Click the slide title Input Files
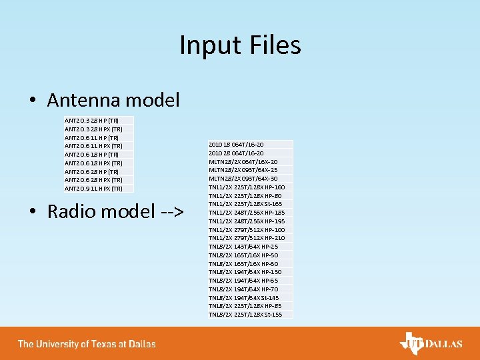(240, 45)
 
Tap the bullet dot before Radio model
(32, 212)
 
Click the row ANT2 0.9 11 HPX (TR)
(93, 189)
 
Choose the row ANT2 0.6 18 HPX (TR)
(93, 163)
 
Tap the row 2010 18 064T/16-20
(236, 144)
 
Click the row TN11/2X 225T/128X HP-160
(247, 187)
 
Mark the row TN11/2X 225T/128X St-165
(245, 204)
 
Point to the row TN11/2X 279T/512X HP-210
(247, 238)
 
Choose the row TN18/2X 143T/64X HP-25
(244, 247)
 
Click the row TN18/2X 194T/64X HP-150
(245, 272)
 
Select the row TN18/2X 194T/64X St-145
(244, 297)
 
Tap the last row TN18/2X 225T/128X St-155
(245, 315)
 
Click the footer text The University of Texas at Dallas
(87, 344)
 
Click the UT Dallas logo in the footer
(431, 343)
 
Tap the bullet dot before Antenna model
(32, 101)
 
